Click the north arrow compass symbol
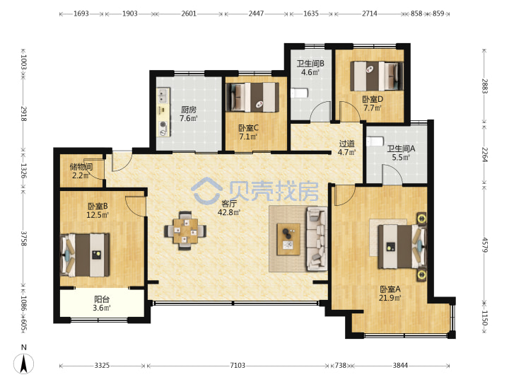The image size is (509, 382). (23, 364)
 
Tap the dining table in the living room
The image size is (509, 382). (185, 231)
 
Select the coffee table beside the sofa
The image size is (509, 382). (288, 239)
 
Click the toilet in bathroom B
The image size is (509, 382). (299, 93)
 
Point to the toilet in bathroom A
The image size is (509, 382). (375, 141)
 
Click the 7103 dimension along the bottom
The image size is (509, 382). (238, 366)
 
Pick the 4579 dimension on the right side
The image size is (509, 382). (485, 245)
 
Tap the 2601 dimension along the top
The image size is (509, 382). (189, 13)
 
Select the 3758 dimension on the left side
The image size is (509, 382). (24, 238)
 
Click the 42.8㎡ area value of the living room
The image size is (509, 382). (229, 212)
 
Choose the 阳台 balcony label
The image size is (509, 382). (102, 299)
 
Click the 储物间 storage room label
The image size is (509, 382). (81, 167)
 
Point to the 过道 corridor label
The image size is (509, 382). (346, 143)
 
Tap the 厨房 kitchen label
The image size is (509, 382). (189, 110)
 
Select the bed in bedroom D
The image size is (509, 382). (376, 76)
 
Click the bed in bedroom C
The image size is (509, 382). (252, 97)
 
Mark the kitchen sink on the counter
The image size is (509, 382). (163, 95)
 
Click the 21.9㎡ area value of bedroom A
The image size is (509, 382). (390, 298)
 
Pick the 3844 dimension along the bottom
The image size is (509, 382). (400, 366)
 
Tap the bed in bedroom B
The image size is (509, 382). (85, 255)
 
